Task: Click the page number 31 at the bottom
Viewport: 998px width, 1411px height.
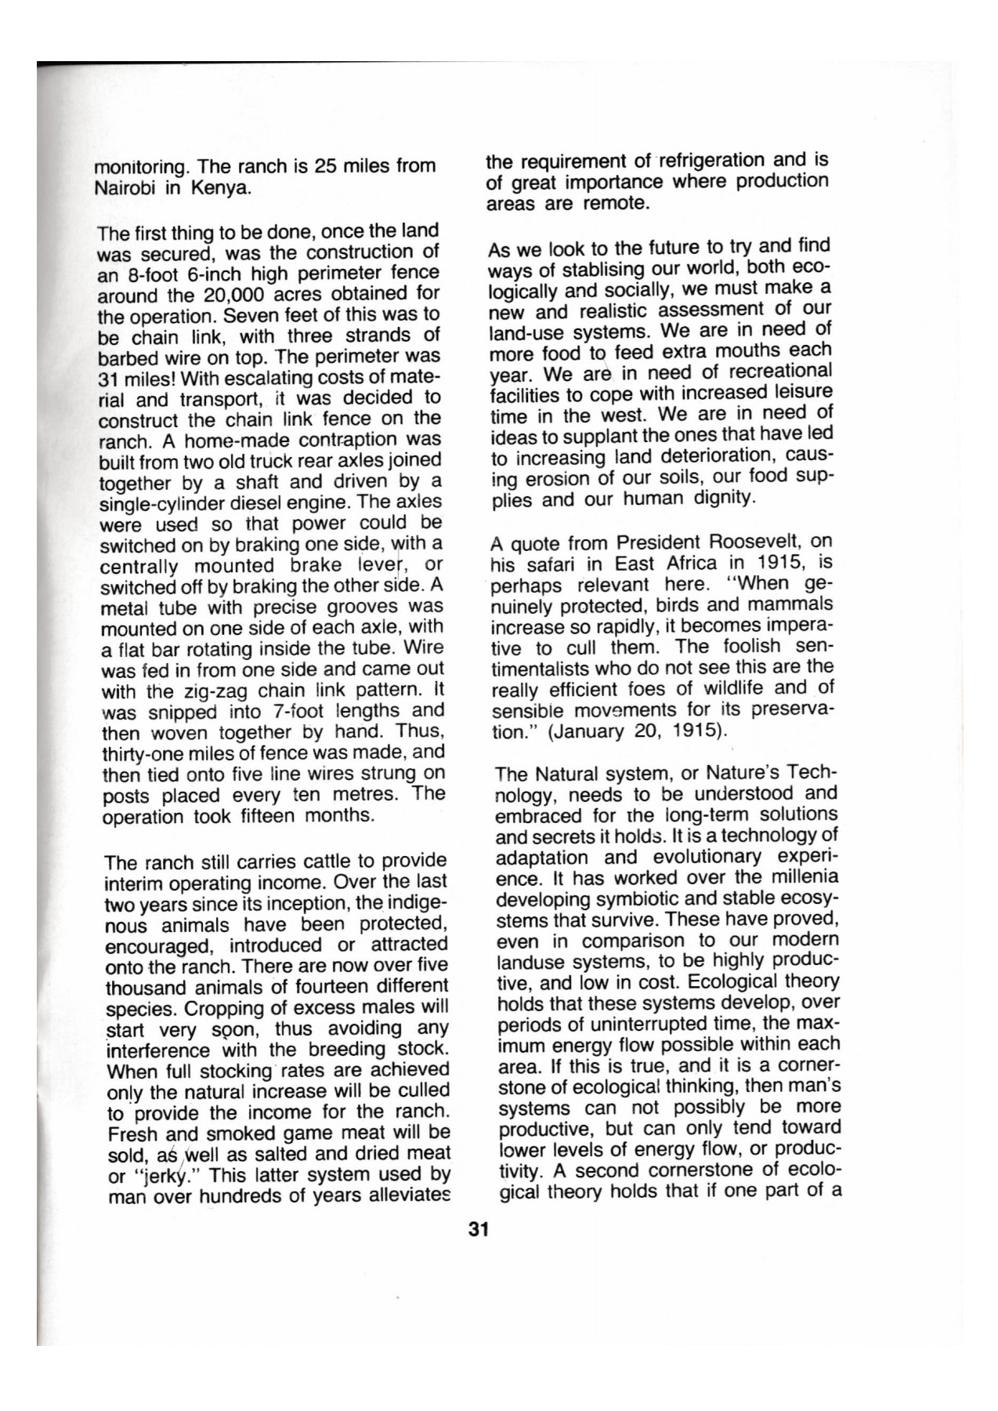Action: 479,1230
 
